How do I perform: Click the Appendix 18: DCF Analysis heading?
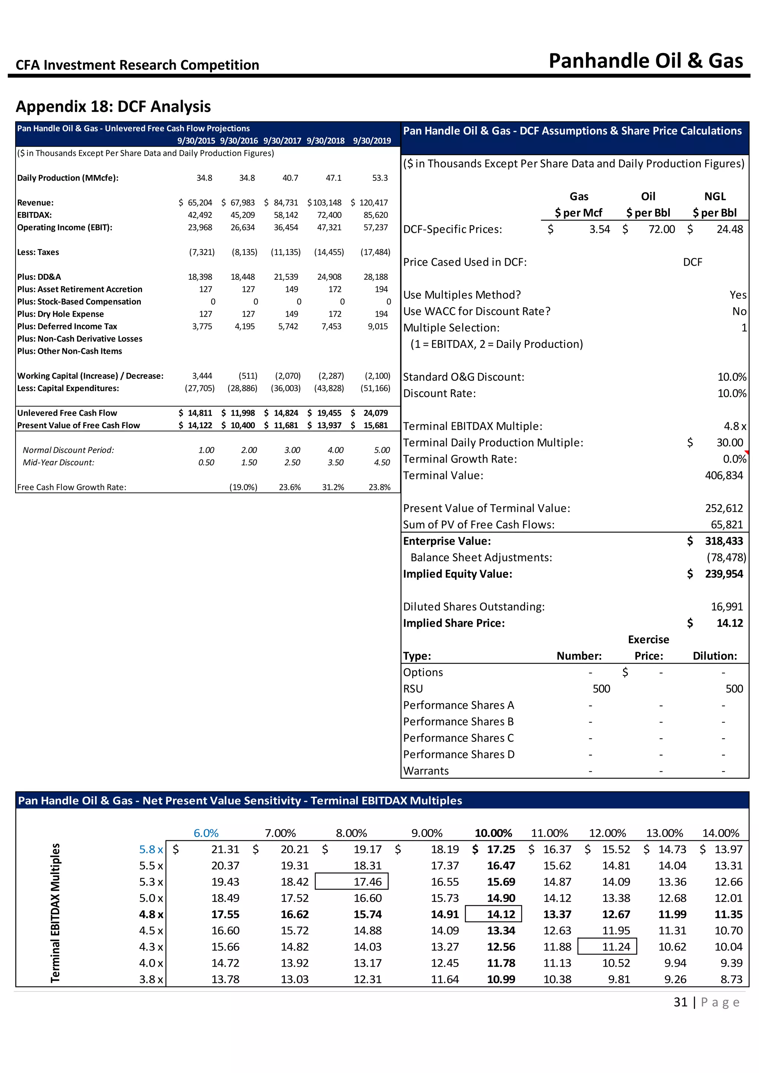pyautogui.click(x=113, y=107)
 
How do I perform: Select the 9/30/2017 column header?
pyautogui.click(x=282, y=141)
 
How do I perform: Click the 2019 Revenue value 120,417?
pyautogui.click(x=374, y=203)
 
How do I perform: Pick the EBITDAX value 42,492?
pyautogui.click(x=200, y=215)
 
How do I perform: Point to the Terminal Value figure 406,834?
pyautogui.click(x=723, y=476)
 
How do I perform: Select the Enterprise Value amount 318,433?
pyautogui.click(x=723, y=541)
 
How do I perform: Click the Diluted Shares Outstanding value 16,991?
pyautogui.click(x=727, y=607)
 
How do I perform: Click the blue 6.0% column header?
pyautogui.click(x=206, y=833)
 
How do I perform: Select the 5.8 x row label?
pyautogui.click(x=150, y=850)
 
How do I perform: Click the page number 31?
pyautogui.click(x=680, y=1003)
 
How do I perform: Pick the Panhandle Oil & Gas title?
pyautogui.click(x=646, y=61)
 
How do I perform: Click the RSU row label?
pyautogui.click(x=413, y=689)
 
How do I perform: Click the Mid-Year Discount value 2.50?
pyautogui.click(x=292, y=463)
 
